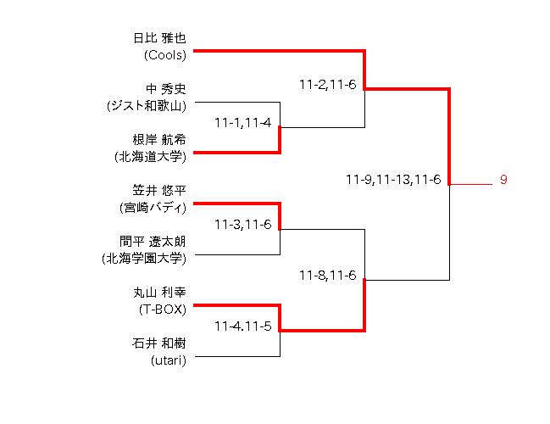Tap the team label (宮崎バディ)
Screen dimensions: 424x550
point(153,208)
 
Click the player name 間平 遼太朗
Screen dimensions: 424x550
point(153,242)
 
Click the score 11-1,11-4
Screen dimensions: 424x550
point(242,123)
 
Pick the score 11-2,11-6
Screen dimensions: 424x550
point(327,85)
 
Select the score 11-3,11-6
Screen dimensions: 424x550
point(242,225)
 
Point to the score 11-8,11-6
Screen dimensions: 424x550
point(327,276)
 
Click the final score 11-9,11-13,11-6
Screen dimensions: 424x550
point(393,180)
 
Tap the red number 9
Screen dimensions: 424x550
point(503,180)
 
